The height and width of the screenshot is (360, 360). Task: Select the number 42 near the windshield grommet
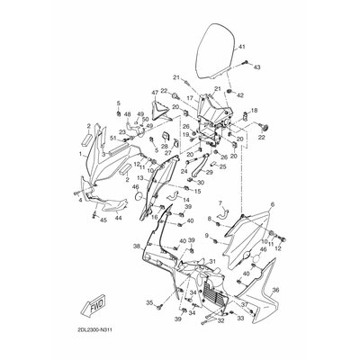click(x=241, y=94)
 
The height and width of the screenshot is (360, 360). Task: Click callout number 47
click(x=155, y=93)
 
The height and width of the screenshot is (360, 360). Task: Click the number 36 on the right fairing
click(x=275, y=290)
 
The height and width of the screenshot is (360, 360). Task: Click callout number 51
click(x=113, y=138)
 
